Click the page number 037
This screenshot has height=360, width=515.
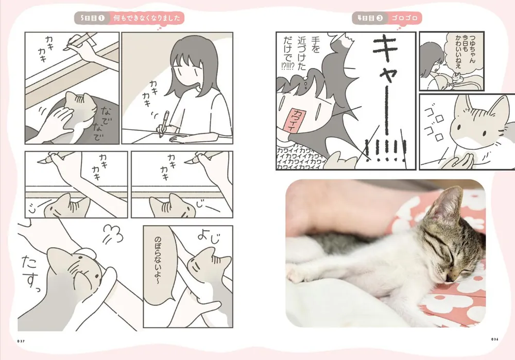pyautogui.click(x=22, y=340)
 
